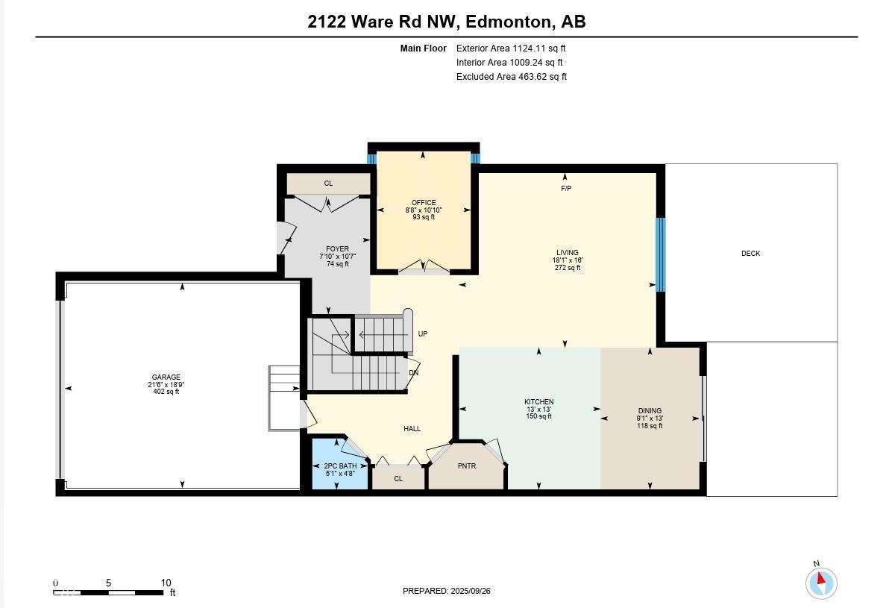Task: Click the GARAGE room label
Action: (166, 377)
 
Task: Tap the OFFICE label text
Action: (424, 203)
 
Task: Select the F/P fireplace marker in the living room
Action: (566, 189)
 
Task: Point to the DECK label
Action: (750, 254)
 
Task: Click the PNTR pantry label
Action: (467, 467)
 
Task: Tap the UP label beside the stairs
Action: (423, 334)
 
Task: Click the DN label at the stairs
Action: (413, 373)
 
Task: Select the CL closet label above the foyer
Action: (328, 184)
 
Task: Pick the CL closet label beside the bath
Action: (398, 479)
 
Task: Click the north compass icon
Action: (821, 582)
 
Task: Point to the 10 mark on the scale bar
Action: (166, 583)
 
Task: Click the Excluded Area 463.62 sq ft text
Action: (512, 77)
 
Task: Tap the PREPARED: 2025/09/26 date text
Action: (447, 591)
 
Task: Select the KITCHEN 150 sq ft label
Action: (538, 409)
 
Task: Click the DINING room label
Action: (650, 411)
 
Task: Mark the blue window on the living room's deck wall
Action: (660, 254)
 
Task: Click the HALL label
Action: (412, 429)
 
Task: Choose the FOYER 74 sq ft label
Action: (337, 257)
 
